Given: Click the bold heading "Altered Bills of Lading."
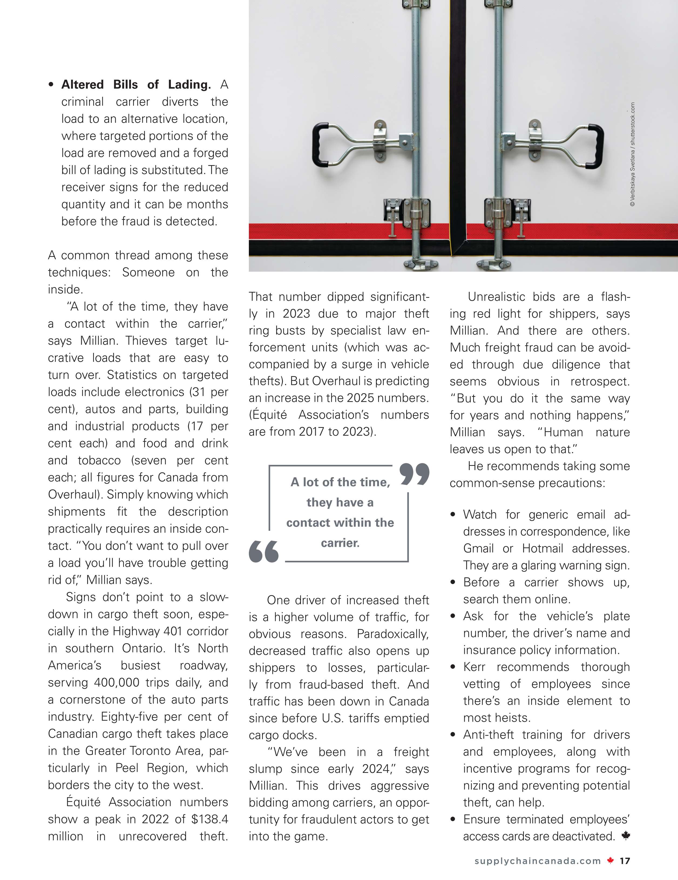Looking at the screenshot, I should pyautogui.click(x=136, y=85).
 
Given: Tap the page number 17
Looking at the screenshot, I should pyautogui.click(x=625, y=861).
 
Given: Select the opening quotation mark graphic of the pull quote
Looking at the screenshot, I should pyautogui.click(x=264, y=551).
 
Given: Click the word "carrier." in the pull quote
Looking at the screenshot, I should pyautogui.click(x=340, y=543).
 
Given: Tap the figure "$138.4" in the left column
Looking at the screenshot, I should pyautogui.click(x=210, y=819).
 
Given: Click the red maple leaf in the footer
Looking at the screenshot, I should pyautogui.click(x=610, y=861).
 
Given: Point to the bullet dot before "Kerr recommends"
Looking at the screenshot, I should pyautogui.click(x=453, y=667).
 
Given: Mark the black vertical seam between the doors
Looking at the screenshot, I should pyautogui.click(x=458, y=121).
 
